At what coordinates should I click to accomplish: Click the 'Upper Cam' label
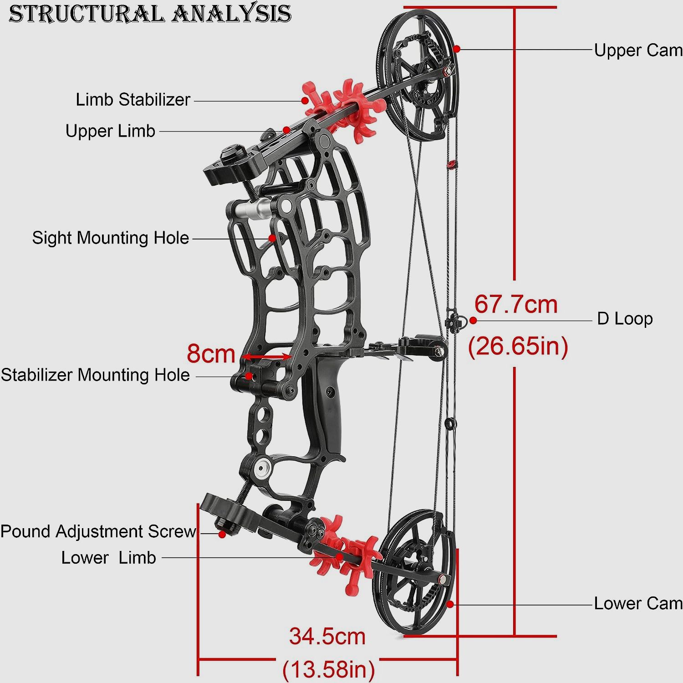tap(637, 50)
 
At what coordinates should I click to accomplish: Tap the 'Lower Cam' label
tap(637, 603)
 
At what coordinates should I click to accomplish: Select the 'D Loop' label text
tap(625, 319)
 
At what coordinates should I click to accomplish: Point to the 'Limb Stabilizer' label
tap(133, 100)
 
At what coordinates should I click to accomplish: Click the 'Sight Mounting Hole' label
tap(110, 238)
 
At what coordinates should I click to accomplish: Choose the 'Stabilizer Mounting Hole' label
tap(95, 375)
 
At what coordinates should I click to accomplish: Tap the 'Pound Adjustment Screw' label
tap(98, 531)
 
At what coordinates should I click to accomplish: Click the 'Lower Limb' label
tap(108, 557)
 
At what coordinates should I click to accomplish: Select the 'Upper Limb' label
tap(110, 131)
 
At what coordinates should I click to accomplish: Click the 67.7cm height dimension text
tap(516, 304)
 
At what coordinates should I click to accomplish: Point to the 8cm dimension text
tap(211, 353)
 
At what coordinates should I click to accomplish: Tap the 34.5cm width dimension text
tap(327, 636)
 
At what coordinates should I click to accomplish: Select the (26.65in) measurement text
tap(518, 346)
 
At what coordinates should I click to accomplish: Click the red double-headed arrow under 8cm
tap(266, 357)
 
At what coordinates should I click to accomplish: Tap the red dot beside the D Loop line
tap(473, 321)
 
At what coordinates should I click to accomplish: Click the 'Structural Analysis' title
tap(150, 14)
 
